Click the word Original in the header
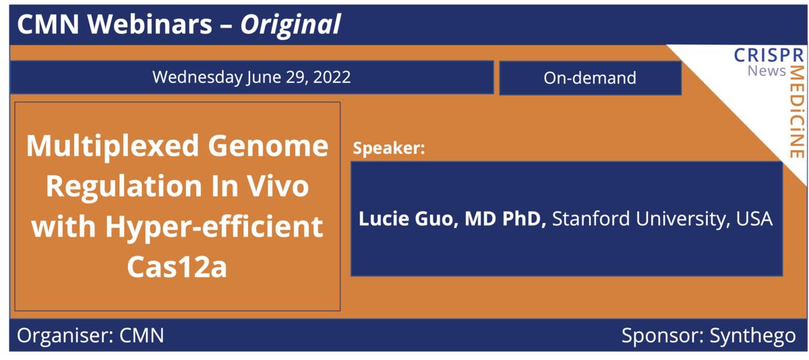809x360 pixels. [291, 25]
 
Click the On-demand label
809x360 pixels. [590, 78]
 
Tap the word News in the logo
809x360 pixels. [767, 71]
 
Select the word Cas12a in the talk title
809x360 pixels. [177, 267]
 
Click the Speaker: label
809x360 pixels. [388, 149]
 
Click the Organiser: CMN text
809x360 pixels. [90, 336]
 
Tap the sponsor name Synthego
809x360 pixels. [752, 336]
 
